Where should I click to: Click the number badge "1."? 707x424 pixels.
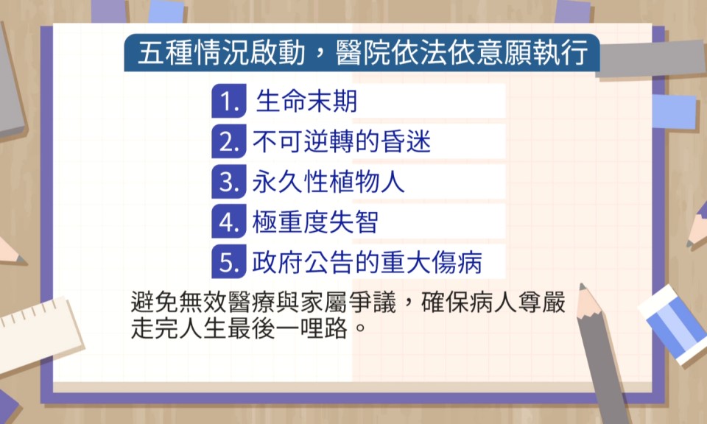pyautogui.click(x=229, y=101)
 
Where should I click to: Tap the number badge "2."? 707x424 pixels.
pyautogui.click(x=229, y=141)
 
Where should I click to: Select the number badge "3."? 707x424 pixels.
pyautogui.click(x=229, y=182)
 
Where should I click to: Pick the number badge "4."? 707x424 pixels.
pyautogui.click(x=229, y=222)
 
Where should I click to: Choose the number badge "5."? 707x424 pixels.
pyautogui.click(x=229, y=261)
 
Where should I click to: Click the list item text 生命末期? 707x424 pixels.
pyautogui.click(x=306, y=101)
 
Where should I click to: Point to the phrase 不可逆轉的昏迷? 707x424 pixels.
pyautogui.click(x=342, y=141)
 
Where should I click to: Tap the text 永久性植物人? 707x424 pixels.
pyautogui.click(x=328, y=182)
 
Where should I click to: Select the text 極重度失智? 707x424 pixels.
pyautogui.click(x=315, y=222)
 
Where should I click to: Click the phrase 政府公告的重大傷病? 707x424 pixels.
pyautogui.click(x=367, y=262)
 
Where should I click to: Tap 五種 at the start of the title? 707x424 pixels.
pyautogui.click(x=165, y=53)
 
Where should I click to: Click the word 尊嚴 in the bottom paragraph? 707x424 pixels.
pyautogui.click(x=541, y=302)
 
